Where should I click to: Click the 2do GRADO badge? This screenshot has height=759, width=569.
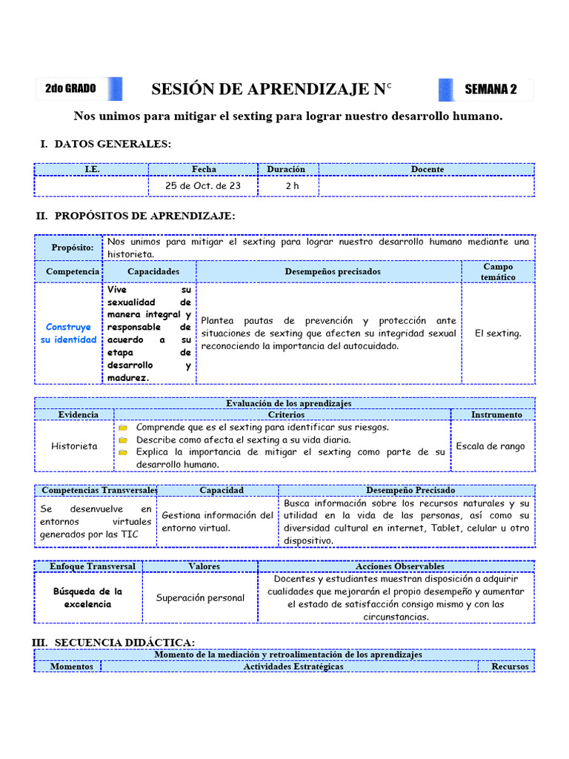pyautogui.click(x=70, y=88)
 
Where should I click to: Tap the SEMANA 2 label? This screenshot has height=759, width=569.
pyautogui.click(x=490, y=90)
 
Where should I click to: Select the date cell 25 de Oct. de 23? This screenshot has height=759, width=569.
pyautogui.click(x=204, y=186)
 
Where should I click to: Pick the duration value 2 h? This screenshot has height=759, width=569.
pyautogui.click(x=292, y=186)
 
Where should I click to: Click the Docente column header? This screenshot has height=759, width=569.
pyautogui.click(x=427, y=169)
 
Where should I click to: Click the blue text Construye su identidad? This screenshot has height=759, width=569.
pyautogui.click(x=69, y=333)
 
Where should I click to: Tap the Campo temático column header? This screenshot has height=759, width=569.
pyautogui.click(x=498, y=271)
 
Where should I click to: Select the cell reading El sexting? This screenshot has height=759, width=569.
pyautogui.click(x=498, y=333)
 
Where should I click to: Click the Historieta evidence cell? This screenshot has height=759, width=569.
pyautogui.click(x=74, y=446)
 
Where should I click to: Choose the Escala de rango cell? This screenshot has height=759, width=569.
pyautogui.click(x=490, y=446)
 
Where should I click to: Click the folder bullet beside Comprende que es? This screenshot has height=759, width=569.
pyautogui.click(x=124, y=428)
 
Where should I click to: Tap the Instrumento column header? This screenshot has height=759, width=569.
pyautogui.click(x=496, y=414)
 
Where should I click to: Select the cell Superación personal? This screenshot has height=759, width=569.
pyautogui.click(x=200, y=597)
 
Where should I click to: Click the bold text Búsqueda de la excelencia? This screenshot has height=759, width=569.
pyautogui.click(x=87, y=597)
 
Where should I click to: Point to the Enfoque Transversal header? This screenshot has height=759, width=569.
pyautogui.click(x=93, y=566)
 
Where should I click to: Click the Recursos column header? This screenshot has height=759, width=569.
pyautogui.click(x=510, y=666)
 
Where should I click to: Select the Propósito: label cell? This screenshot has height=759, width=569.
pyautogui.click(x=73, y=248)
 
